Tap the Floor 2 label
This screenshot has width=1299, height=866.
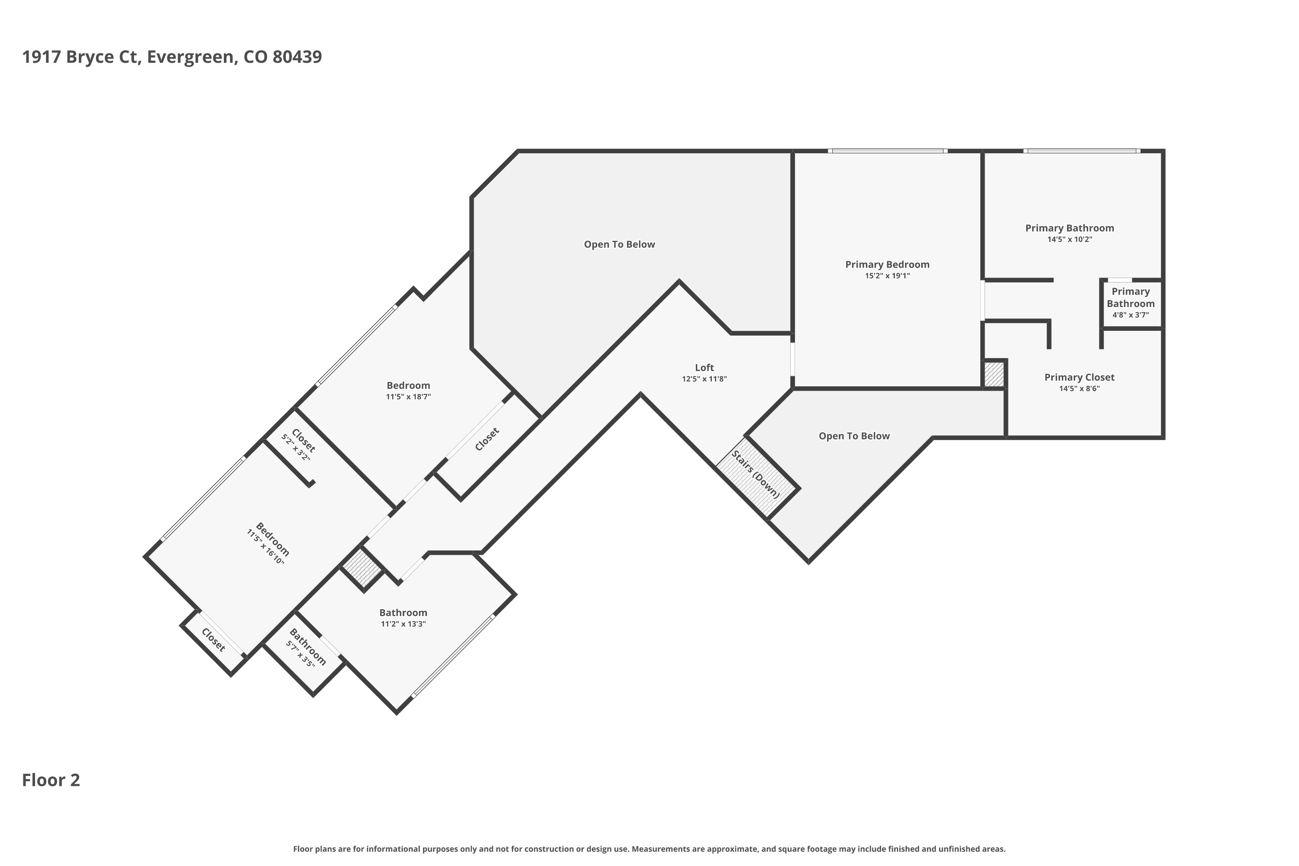point(51,780)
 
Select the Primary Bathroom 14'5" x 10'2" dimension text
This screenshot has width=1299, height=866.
point(1070,239)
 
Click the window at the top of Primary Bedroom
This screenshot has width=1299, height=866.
point(888,151)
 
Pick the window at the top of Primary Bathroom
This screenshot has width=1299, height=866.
point(1081,151)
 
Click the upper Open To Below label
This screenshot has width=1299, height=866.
point(619,244)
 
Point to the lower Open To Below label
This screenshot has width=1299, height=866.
point(854,436)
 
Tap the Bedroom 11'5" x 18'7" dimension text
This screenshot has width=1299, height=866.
point(408,397)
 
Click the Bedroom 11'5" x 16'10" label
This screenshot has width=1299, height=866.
point(269,543)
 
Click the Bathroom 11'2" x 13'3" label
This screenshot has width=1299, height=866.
point(403,617)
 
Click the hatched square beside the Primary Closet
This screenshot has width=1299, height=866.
point(994,374)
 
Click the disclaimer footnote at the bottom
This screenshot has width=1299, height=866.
point(649,849)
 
